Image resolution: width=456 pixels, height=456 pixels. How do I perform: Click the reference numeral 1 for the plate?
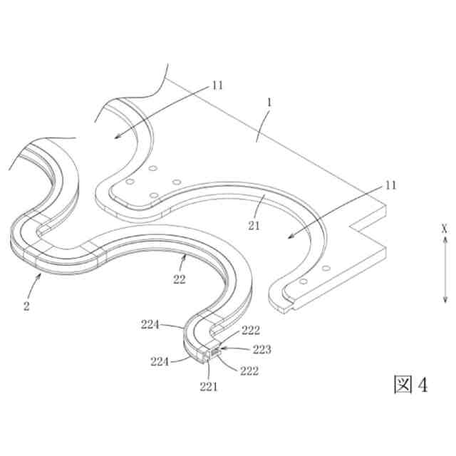[269, 103]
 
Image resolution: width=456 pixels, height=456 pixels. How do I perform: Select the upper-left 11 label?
[217, 85]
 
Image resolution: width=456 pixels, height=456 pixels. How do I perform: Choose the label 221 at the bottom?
[208, 387]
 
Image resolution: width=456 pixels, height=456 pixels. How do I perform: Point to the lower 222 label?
[249, 370]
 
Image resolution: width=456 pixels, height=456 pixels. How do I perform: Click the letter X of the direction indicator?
[443, 229]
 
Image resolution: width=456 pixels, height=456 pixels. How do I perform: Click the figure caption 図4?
[411, 384]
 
